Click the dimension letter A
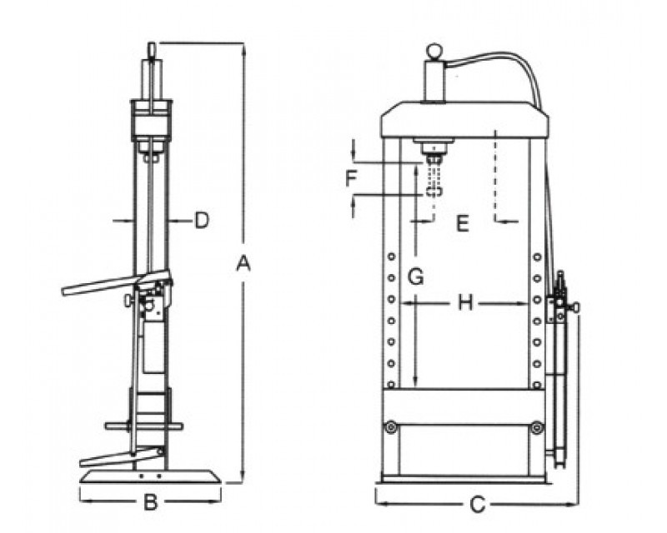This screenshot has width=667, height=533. [243, 264]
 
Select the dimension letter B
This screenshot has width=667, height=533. [151, 503]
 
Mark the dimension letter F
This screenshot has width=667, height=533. [352, 177]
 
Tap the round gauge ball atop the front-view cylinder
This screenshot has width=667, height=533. [434, 52]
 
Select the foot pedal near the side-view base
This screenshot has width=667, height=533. [117, 456]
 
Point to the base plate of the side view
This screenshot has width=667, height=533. [151, 478]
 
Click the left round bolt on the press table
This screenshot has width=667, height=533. [389, 427]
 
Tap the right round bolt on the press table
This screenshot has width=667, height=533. [536, 428]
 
